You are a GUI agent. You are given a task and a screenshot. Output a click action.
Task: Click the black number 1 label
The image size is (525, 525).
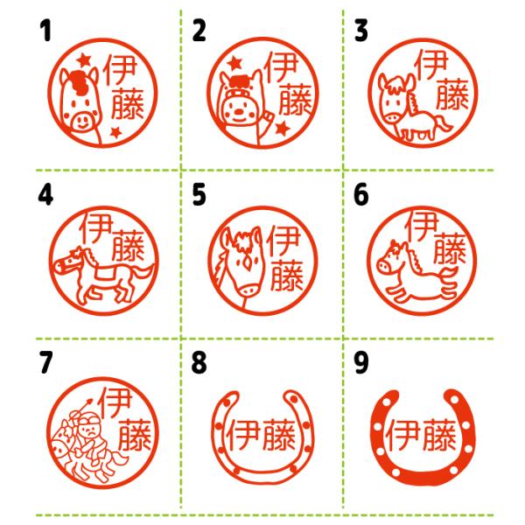[x=45, y=31]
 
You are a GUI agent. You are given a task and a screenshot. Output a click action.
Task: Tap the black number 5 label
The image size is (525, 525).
[x=199, y=194]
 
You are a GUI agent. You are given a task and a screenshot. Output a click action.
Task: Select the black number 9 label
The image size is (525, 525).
[x=360, y=363]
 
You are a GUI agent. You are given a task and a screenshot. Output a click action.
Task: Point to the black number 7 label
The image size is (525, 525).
[x=46, y=362]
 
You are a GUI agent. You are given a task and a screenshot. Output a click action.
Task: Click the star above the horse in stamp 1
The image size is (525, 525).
[x=84, y=60]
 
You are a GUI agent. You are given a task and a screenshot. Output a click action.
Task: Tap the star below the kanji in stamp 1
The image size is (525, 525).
[x=115, y=132]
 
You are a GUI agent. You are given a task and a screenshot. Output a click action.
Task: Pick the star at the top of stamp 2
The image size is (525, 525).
[x=235, y=63]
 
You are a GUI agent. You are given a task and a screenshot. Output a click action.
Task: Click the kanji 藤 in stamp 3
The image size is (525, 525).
[x=451, y=94]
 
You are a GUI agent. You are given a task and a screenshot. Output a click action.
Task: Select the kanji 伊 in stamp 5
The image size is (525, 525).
[x=283, y=241]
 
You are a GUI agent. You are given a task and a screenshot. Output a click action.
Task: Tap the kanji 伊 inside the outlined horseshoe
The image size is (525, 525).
[x=243, y=435]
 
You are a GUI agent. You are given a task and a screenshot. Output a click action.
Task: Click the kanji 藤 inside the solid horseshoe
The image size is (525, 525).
[x=439, y=435]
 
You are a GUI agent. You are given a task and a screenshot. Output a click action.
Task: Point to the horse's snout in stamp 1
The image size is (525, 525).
[x=82, y=122]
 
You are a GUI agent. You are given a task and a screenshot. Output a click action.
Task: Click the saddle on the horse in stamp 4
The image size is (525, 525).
[x=107, y=271]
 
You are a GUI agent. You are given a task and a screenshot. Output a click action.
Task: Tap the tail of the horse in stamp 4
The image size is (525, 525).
[x=143, y=272]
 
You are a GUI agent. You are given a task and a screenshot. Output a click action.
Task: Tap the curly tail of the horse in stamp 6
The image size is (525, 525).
[x=449, y=282]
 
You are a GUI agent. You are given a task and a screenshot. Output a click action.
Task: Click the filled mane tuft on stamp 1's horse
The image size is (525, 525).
[x=80, y=83]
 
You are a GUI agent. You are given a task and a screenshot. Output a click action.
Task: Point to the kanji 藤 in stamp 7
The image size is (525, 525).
[x=134, y=435]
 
